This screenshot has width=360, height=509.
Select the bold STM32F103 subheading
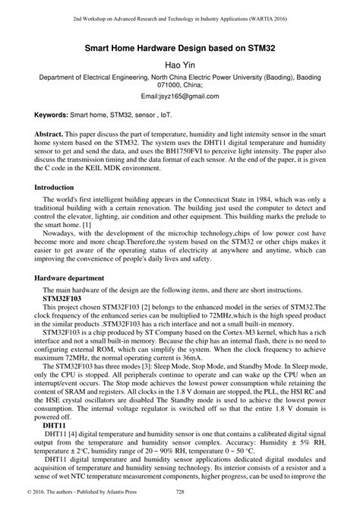[67, 300]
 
